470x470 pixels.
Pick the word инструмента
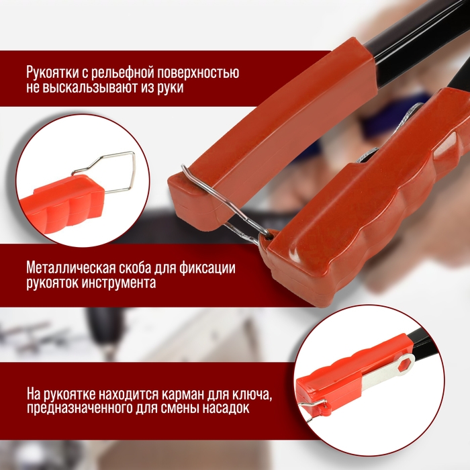120,283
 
